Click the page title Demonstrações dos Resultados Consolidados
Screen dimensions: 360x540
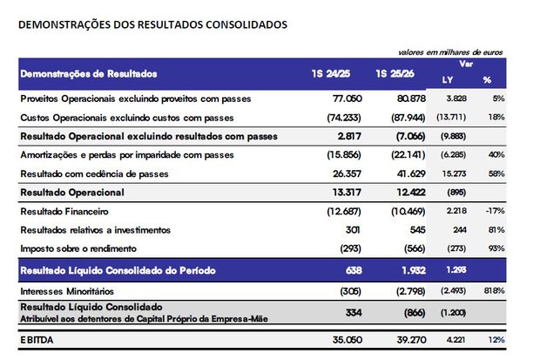coord(153,26)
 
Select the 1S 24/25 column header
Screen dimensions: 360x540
coord(331,73)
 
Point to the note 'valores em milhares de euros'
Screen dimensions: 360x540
coord(449,52)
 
